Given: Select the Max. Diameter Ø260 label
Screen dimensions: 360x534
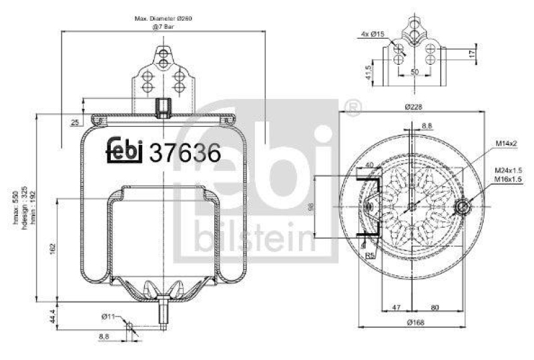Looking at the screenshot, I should (x=162, y=19).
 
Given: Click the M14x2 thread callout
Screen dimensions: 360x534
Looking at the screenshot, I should (x=508, y=143).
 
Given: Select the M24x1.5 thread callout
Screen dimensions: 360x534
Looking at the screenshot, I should (x=509, y=171).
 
